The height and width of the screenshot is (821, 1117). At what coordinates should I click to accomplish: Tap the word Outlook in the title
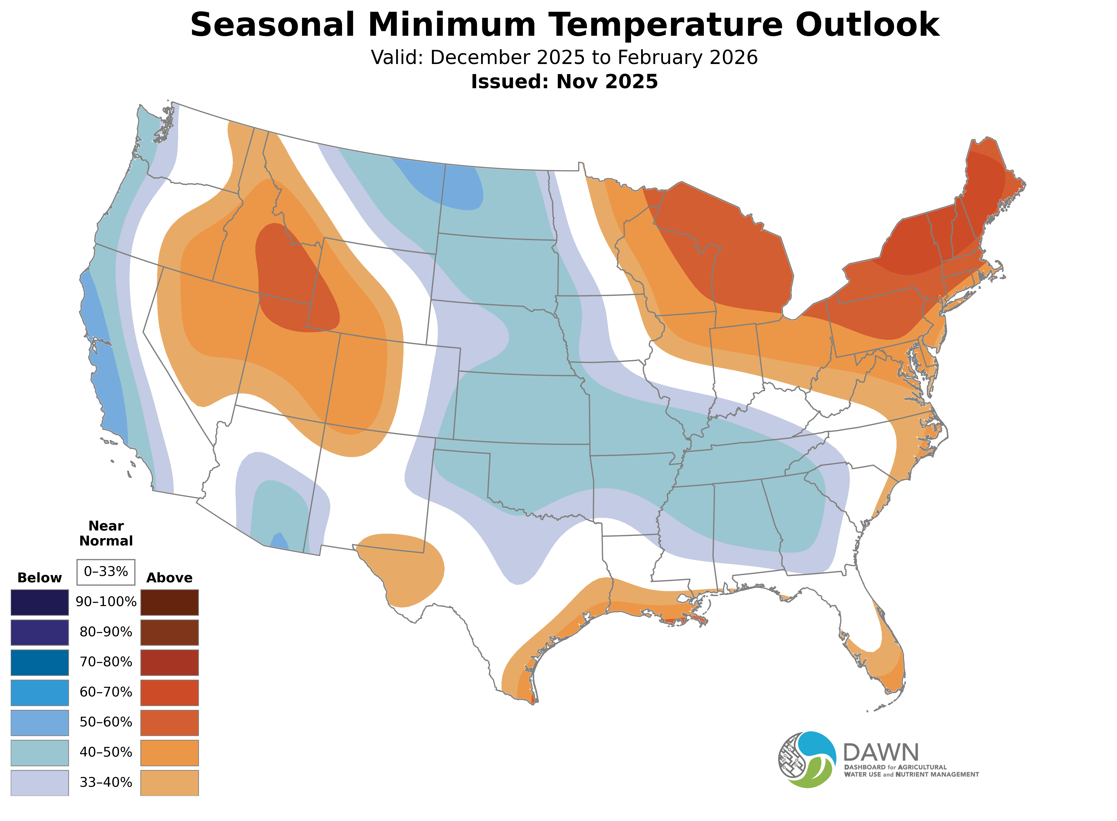point(867,25)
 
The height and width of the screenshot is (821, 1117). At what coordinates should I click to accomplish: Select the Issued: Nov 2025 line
point(564,82)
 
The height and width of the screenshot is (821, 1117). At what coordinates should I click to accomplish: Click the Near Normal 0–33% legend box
point(106,572)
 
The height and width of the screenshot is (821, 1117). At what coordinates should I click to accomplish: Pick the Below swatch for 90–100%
point(40,602)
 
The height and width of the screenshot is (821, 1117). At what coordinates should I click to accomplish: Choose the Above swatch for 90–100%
point(170,602)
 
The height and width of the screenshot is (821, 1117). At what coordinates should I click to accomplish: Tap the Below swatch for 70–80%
point(40,662)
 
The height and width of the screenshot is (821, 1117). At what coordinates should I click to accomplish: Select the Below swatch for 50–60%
point(40,723)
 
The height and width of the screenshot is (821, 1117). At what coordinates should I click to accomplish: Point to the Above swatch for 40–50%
point(170,753)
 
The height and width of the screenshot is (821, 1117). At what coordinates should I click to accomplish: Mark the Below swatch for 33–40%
point(40,783)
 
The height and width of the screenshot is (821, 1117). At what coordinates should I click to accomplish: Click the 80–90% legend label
point(106,632)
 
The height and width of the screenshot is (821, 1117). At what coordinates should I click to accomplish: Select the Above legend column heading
point(170,578)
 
